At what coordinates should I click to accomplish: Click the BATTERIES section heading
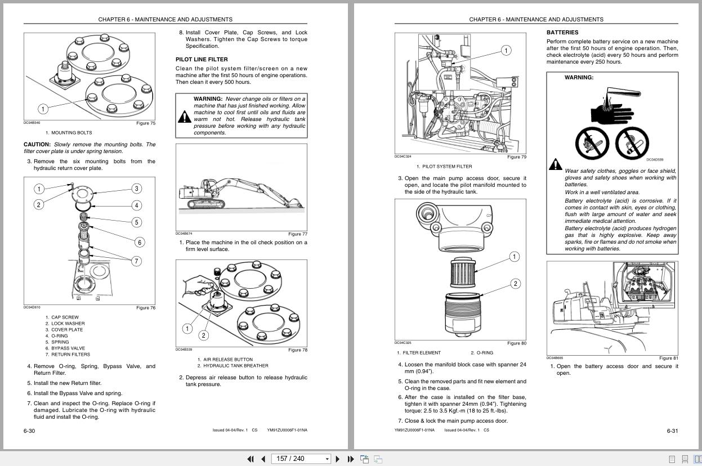coord(562,33)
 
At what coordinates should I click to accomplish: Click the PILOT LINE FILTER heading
coord(202,59)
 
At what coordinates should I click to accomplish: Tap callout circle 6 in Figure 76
coord(139,242)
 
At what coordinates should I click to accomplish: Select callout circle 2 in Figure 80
coord(515,284)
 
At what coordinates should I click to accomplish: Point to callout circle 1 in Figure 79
coord(506,51)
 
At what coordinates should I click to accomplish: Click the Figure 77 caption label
coord(297,234)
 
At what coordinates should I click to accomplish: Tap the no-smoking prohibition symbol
coord(592,143)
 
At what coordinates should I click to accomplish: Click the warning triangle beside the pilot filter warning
coord(184,116)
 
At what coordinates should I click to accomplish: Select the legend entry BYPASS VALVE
coord(68,348)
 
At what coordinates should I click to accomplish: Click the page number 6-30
coord(29,431)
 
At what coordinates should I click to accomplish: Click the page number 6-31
coord(672,431)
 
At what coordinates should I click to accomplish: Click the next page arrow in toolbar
coord(337,459)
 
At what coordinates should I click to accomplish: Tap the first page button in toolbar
coord(251,459)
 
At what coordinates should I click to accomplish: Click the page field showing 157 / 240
coord(298,459)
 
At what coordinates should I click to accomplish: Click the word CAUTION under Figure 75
coord(37,145)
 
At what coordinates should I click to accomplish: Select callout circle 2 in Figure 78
coord(203,335)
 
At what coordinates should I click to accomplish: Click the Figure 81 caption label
coord(668,358)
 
